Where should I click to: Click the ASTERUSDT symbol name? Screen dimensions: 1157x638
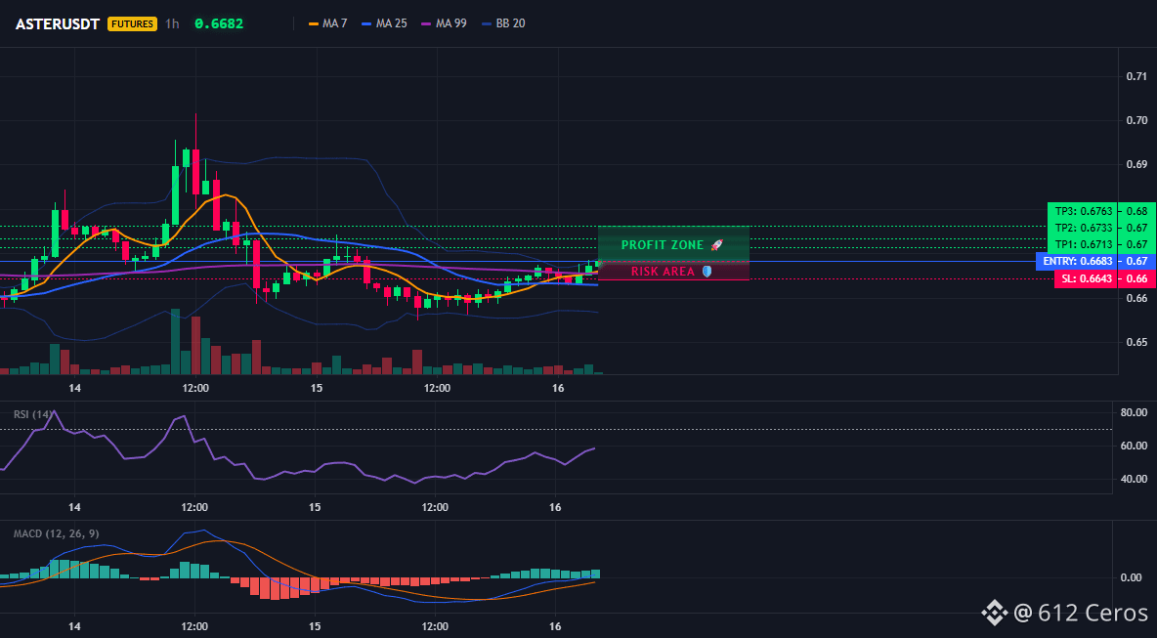[x=58, y=23]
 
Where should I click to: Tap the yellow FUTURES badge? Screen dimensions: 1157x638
[x=133, y=23]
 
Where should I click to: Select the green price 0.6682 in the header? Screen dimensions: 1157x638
[x=219, y=23]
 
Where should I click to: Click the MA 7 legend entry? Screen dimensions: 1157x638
[x=327, y=23]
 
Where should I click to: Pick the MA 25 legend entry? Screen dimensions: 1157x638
[x=384, y=23]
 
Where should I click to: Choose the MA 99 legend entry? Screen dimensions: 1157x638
[x=444, y=23]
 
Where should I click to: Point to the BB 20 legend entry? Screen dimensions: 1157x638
[x=503, y=23]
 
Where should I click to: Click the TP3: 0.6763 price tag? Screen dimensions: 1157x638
[x=1081, y=211]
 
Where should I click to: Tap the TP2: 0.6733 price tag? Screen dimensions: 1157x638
[x=1081, y=228]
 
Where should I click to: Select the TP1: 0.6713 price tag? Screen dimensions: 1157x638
[x=1081, y=244]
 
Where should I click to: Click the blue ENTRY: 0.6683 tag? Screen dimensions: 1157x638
[x=1075, y=261]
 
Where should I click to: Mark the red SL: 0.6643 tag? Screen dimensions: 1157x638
[x=1084, y=278]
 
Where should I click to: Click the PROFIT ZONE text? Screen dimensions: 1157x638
[x=663, y=245]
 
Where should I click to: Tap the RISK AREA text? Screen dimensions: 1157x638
[x=663, y=272]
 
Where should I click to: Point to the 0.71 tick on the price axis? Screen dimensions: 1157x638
[x=1137, y=76]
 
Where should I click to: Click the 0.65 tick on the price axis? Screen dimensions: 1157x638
[x=1137, y=342]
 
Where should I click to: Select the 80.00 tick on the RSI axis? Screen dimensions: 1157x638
[x=1134, y=412]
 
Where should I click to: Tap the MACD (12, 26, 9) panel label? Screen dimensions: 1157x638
[x=56, y=533]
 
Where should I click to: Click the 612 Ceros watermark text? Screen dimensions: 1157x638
[x=1093, y=613]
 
